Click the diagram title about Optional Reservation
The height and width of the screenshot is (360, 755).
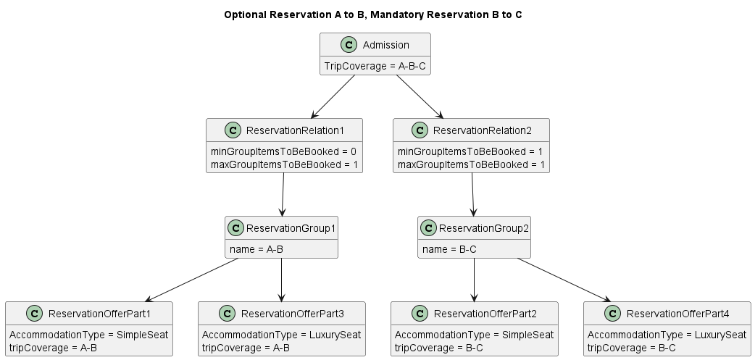point(372,14)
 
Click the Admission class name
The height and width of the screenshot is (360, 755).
point(385,45)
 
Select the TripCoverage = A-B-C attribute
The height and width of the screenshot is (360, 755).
point(375,65)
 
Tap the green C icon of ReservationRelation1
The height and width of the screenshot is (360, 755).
point(233,130)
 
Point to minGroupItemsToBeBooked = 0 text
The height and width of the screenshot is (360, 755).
point(283,151)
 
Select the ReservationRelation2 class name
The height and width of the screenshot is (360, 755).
point(482,130)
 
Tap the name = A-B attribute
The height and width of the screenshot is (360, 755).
point(256,248)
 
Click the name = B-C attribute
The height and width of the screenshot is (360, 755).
point(449,248)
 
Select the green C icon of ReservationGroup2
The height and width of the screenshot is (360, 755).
point(427,227)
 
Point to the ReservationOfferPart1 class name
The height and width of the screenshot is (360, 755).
point(99,313)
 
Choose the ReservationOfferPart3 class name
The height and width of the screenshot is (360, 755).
point(292,313)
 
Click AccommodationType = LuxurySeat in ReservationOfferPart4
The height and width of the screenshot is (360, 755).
point(667,335)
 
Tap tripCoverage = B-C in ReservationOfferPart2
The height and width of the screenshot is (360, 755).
point(438,348)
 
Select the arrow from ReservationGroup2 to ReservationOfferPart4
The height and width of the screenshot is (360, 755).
point(563,280)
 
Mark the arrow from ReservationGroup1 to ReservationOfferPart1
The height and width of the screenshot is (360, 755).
point(192,280)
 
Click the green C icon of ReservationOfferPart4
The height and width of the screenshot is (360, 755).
point(612,313)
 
